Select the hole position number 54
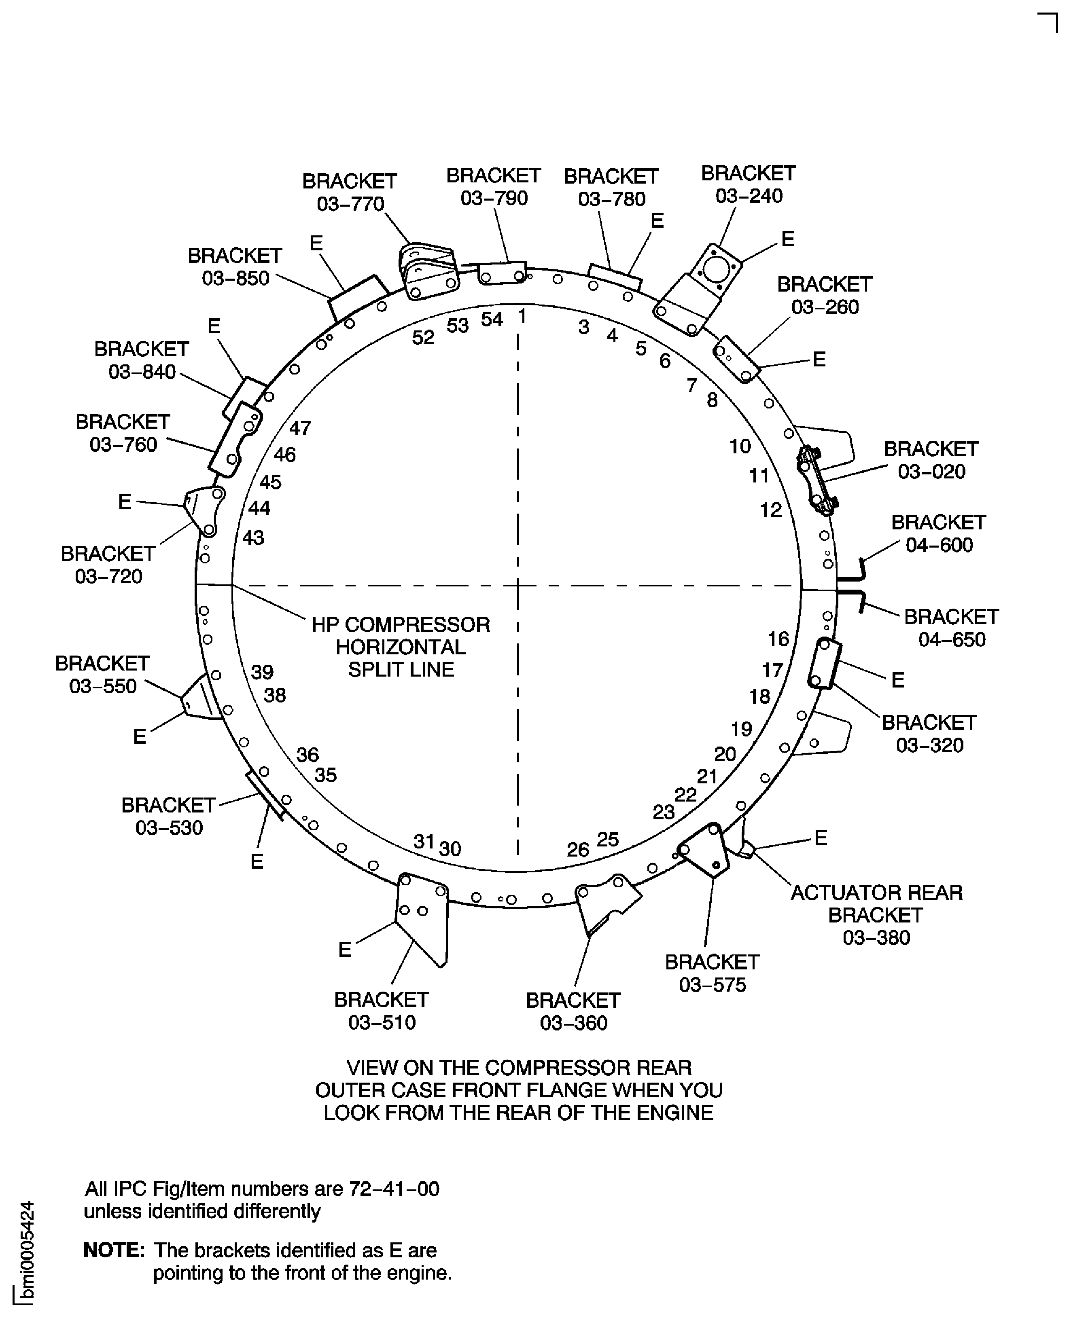point(492,319)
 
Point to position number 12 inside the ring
point(770,510)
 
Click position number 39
point(262,672)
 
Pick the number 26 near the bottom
point(578,850)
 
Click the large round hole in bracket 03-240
point(716,269)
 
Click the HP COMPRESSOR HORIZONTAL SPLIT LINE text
point(401,647)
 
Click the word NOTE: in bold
point(114,1250)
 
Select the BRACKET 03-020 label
point(931,460)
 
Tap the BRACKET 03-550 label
point(102,675)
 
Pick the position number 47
point(301,427)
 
